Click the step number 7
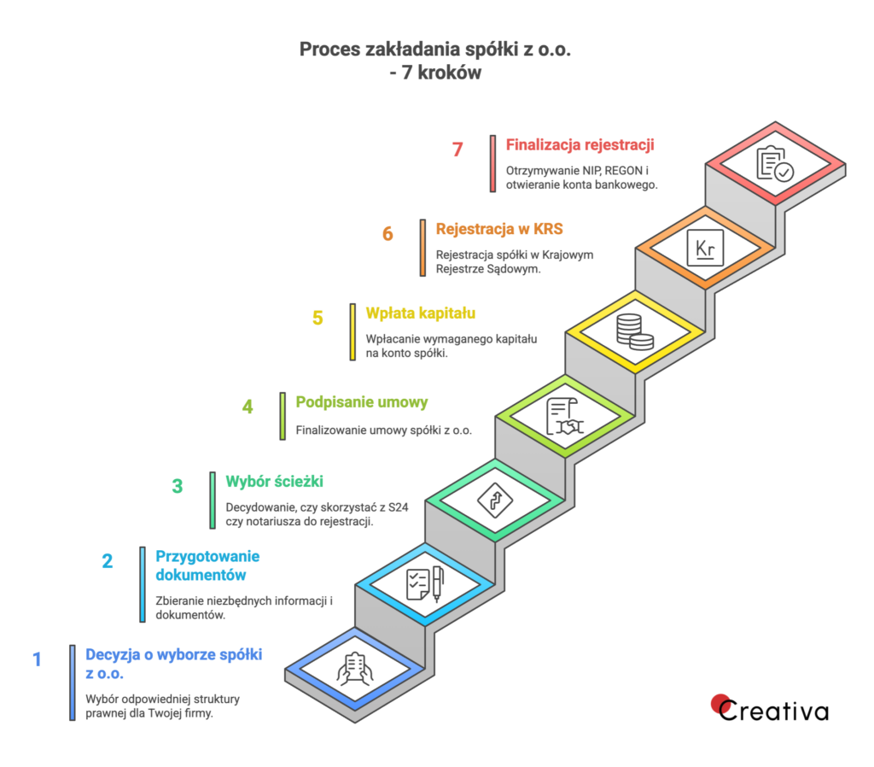pos(457,149)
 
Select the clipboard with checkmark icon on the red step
pos(775,163)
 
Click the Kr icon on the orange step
pos(705,247)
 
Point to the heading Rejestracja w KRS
pos(499,229)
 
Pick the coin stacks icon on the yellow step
pos(634,331)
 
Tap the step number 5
pos(318,319)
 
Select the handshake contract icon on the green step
pos(564,416)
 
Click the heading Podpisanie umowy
pos(362,401)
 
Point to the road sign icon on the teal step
pos(494,500)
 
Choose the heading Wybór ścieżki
pos(274,481)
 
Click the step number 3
pos(178,487)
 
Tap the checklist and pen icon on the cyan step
pos(424,585)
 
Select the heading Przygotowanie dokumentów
pos(207,565)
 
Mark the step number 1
pos(37,659)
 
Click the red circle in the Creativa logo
pos(720,702)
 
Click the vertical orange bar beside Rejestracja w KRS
pos(422,248)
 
